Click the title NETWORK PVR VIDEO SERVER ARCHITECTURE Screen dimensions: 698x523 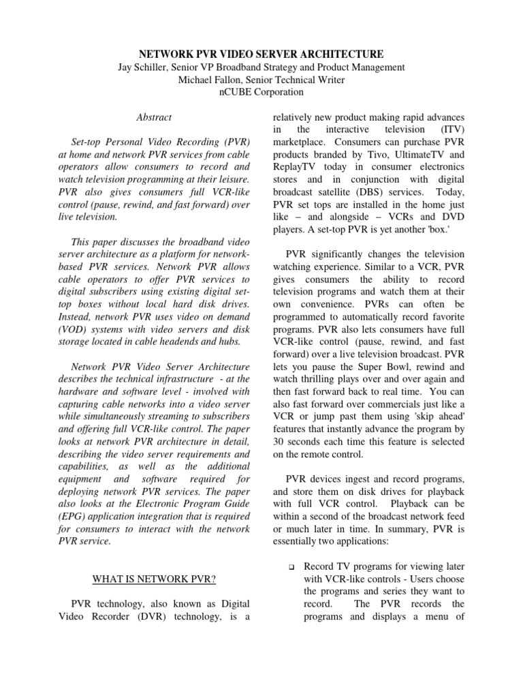click(261, 54)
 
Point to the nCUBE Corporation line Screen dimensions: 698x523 click(261, 92)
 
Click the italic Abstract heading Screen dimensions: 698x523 click(154, 117)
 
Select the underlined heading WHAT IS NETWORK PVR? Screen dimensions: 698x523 click(154, 579)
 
